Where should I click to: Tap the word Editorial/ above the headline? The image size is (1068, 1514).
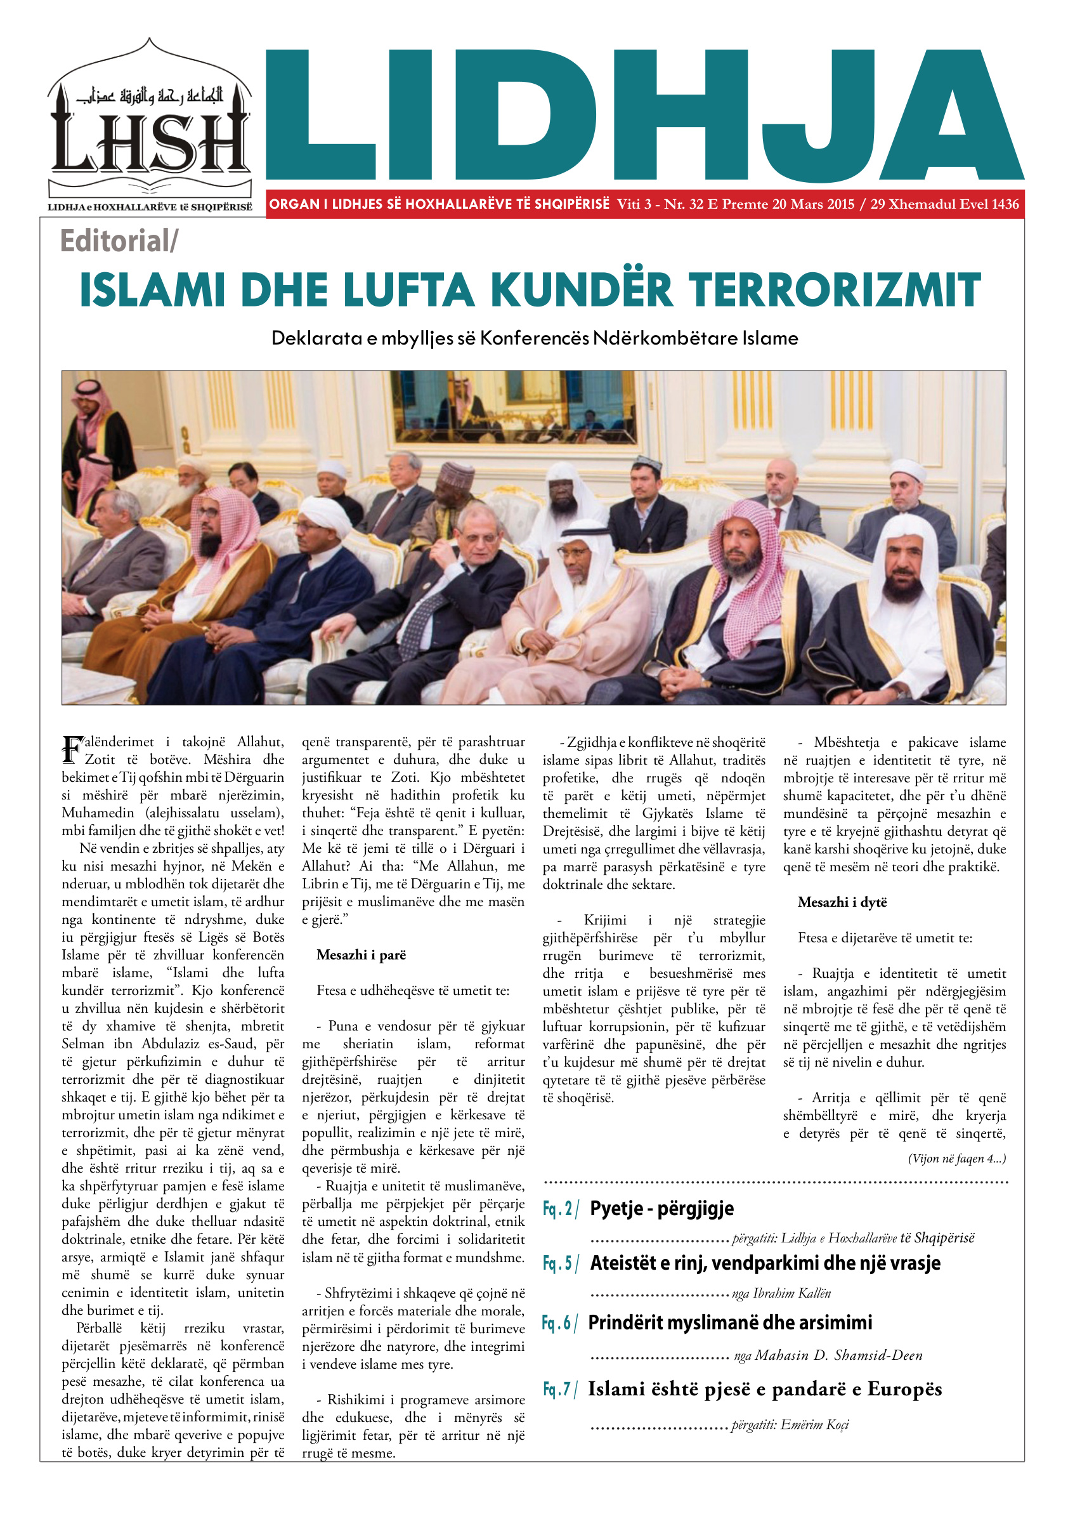click(119, 240)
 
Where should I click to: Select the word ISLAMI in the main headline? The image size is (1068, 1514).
click(152, 290)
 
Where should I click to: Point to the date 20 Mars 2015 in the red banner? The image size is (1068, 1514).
click(813, 204)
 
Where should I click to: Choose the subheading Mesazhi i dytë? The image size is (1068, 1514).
click(842, 902)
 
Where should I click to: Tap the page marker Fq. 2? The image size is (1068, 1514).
click(559, 1209)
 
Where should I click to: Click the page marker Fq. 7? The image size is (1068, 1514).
click(559, 1390)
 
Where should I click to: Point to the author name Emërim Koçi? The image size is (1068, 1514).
click(815, 1425)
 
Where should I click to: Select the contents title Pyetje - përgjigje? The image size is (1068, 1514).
click(661, 1209)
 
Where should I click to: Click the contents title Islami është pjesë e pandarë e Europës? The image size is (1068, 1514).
click(765, 1390)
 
